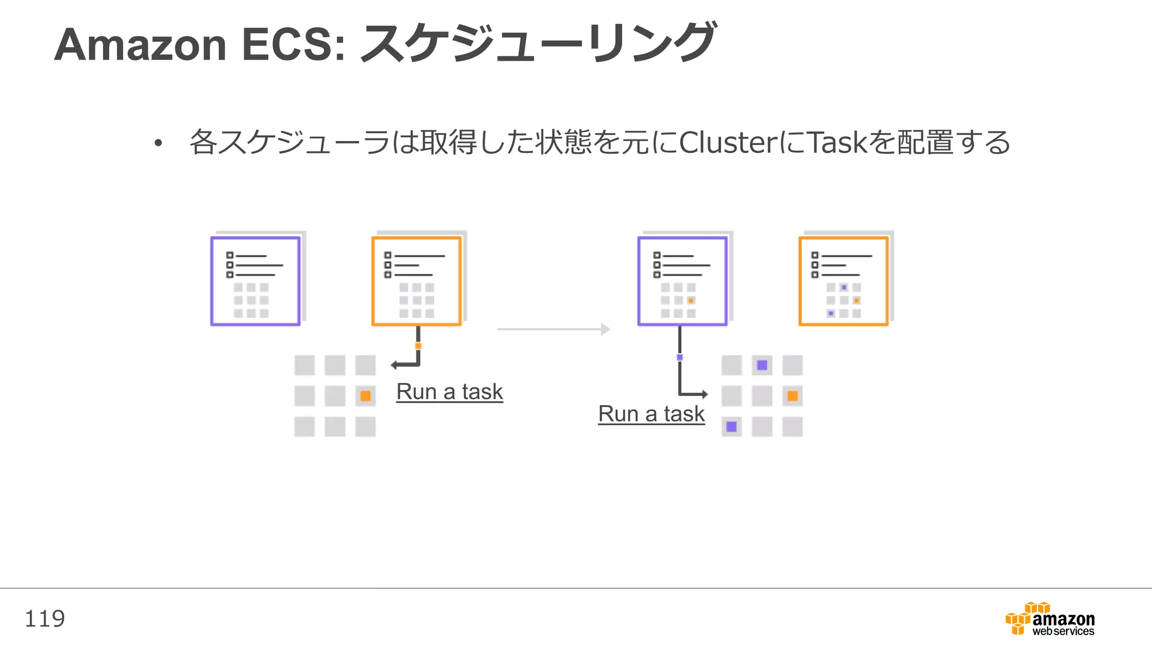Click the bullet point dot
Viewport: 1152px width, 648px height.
pyautogui.click(x=158, y=143)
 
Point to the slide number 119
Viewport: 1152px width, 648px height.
pyautogui.click(x=44, y=619)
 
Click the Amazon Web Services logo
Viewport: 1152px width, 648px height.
pyautogui.click(x=1050, y=619)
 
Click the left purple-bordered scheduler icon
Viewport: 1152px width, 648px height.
pyautogui.click(x=255, y=281)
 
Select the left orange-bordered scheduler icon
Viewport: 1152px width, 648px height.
pyautogui.click(x=417, y=281)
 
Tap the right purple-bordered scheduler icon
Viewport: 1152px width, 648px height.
pyautogui.click(x=682, y=281)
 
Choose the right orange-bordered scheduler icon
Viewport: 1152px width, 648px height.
pyautogui.click(x=844, y=281)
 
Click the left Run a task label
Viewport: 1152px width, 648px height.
pyautogui.click(x=449, y=391)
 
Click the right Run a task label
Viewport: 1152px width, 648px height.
pyautogui.click(x=651, y=414)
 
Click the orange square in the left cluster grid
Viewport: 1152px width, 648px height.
pyautogui.click(x=365, y=396)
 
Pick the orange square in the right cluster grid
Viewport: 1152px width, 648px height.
pyautogui.click(x=793, y=396)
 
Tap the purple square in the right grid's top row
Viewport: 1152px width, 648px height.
pyautogui.click(x=762, y=365)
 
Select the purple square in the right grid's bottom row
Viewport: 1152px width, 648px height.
pyautogui.click(x=731, y=426)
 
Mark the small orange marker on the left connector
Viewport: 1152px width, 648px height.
pyautogui.click(x=418, y=346)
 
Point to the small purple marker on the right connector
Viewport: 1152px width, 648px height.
pyautogui.click(x=679, y=357)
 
